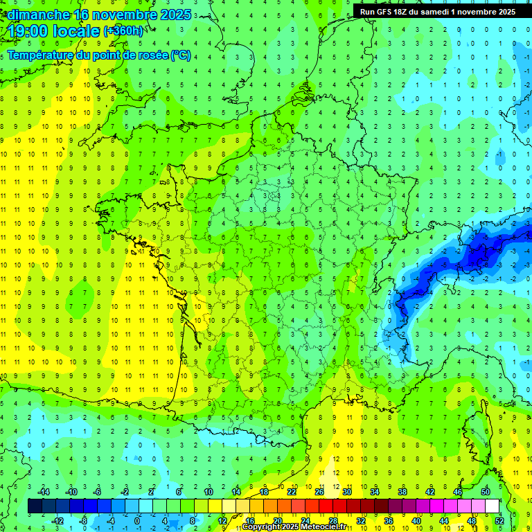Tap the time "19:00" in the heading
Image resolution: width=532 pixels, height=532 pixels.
click(x=28, y=31)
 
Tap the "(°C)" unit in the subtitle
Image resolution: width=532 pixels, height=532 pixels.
click(x=181, y=55)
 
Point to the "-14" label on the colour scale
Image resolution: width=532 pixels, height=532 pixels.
click(x=46, y=491)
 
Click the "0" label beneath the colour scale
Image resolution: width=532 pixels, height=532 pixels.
click(x=137, y=520)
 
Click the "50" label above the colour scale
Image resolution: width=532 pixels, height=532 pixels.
click(x=486, y=491)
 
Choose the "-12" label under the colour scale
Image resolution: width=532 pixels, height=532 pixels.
click(x=59, y=520)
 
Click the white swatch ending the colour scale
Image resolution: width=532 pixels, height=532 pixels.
click(x=492, y=506)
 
